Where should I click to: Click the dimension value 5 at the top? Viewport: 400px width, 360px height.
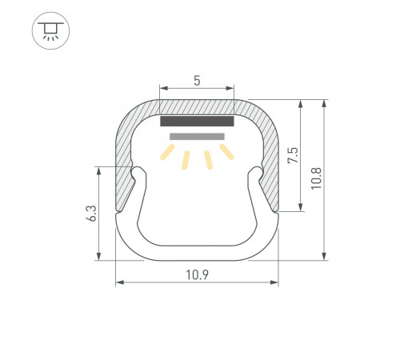[197, 80]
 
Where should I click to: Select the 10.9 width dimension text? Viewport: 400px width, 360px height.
[197, 274]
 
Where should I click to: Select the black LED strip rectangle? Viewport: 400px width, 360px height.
[197, 122]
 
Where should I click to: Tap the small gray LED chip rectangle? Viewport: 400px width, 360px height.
[197, 137]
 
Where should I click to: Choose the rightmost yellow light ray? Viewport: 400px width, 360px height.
[227, 152]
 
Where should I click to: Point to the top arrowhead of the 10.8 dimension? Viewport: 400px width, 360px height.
[325, 103]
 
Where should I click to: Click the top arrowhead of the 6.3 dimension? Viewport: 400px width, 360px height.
[98, 170]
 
